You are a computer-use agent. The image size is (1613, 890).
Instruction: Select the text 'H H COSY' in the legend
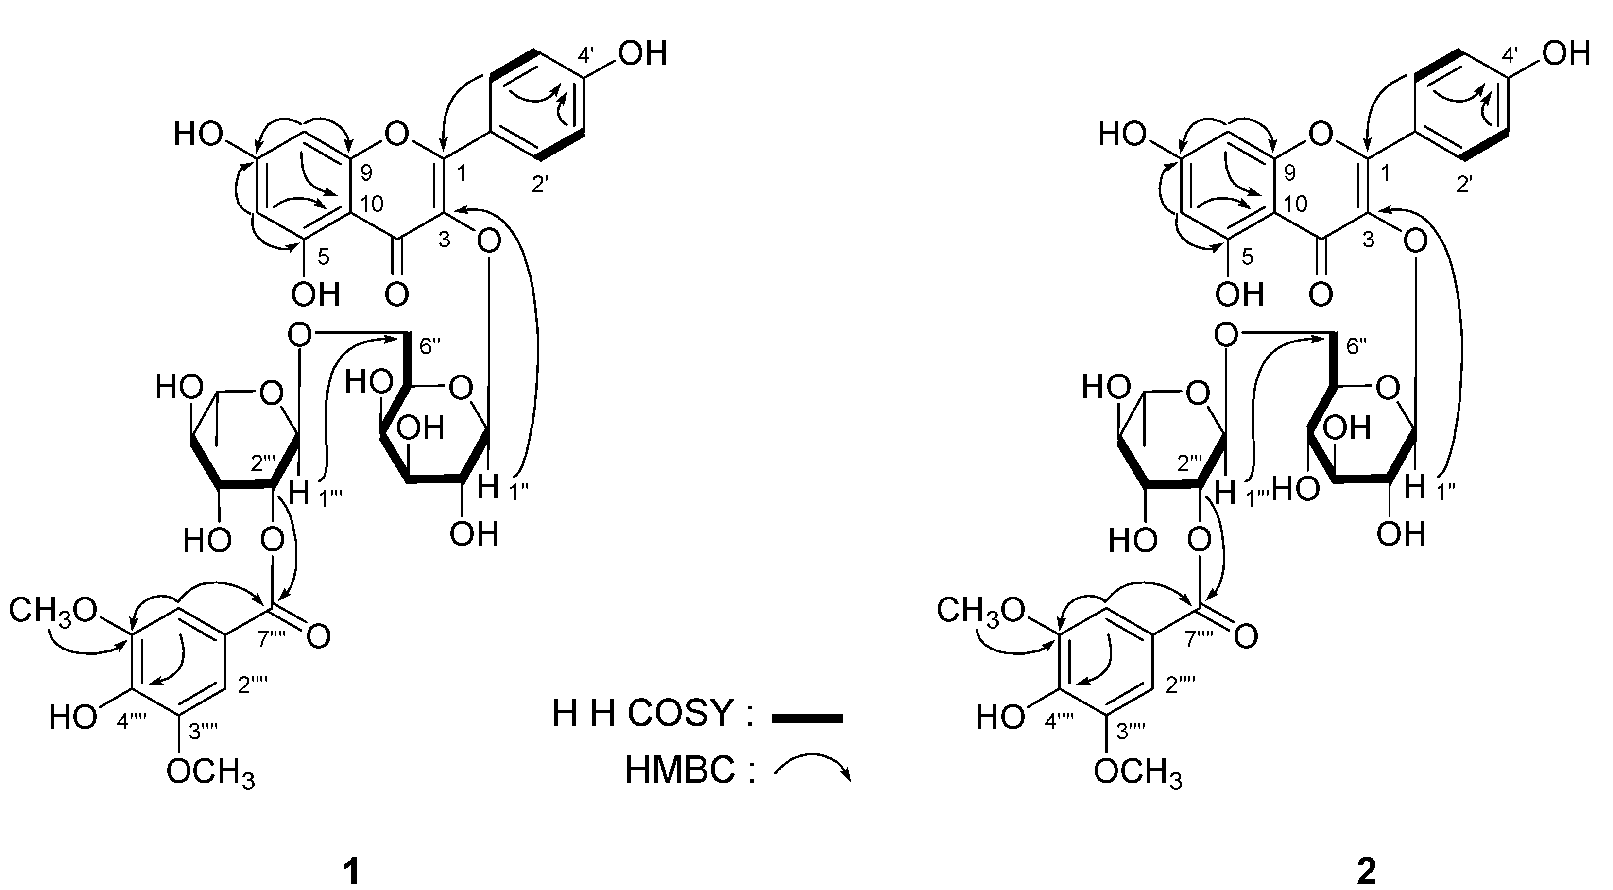[641, 713]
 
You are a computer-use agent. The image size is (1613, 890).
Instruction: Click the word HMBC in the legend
[679, 769]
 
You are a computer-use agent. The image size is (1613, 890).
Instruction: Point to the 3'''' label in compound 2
[1132, 730]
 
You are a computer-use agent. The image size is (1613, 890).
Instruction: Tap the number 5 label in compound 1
[323, 257]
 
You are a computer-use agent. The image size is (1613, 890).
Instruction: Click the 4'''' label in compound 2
[1059, 721]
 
